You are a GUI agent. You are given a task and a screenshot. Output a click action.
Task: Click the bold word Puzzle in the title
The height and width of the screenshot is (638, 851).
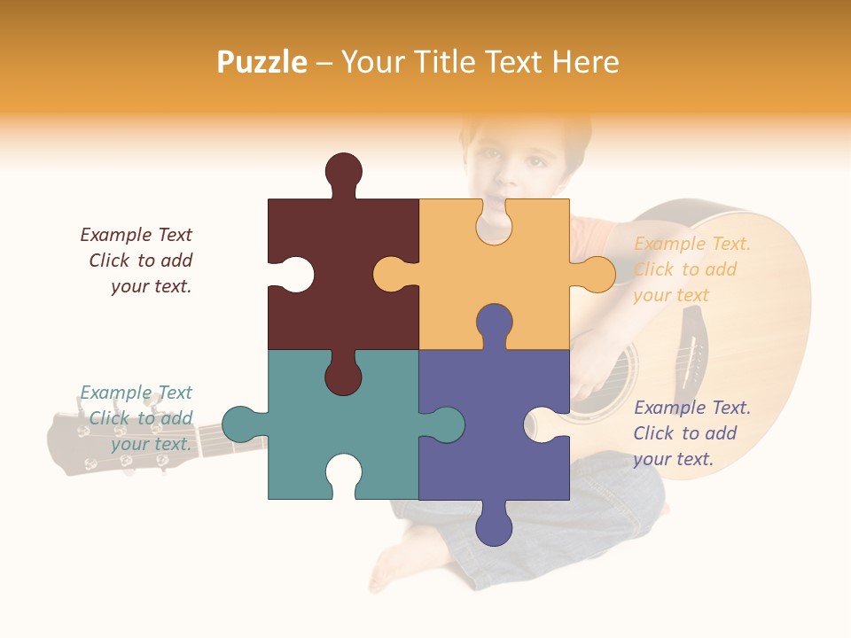click(x=262, y=62)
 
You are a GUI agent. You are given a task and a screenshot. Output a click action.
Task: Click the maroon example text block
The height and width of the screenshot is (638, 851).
click(x=137, y=261)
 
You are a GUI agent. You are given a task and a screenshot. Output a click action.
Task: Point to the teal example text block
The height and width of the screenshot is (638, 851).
click(x=137, y=418)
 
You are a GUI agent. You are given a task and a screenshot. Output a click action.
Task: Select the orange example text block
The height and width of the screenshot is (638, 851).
click(x=691, y=269)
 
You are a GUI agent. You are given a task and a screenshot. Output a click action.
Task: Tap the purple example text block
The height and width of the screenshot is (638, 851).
click(x=691, y=433)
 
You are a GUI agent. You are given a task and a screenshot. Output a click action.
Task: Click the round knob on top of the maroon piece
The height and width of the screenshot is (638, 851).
click(x=343, y=169)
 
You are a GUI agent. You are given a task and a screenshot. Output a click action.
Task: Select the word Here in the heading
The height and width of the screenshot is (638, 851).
click(x=585, y=62)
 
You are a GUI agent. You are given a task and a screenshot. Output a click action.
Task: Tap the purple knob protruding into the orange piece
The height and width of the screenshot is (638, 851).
click(x=494, y=322)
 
